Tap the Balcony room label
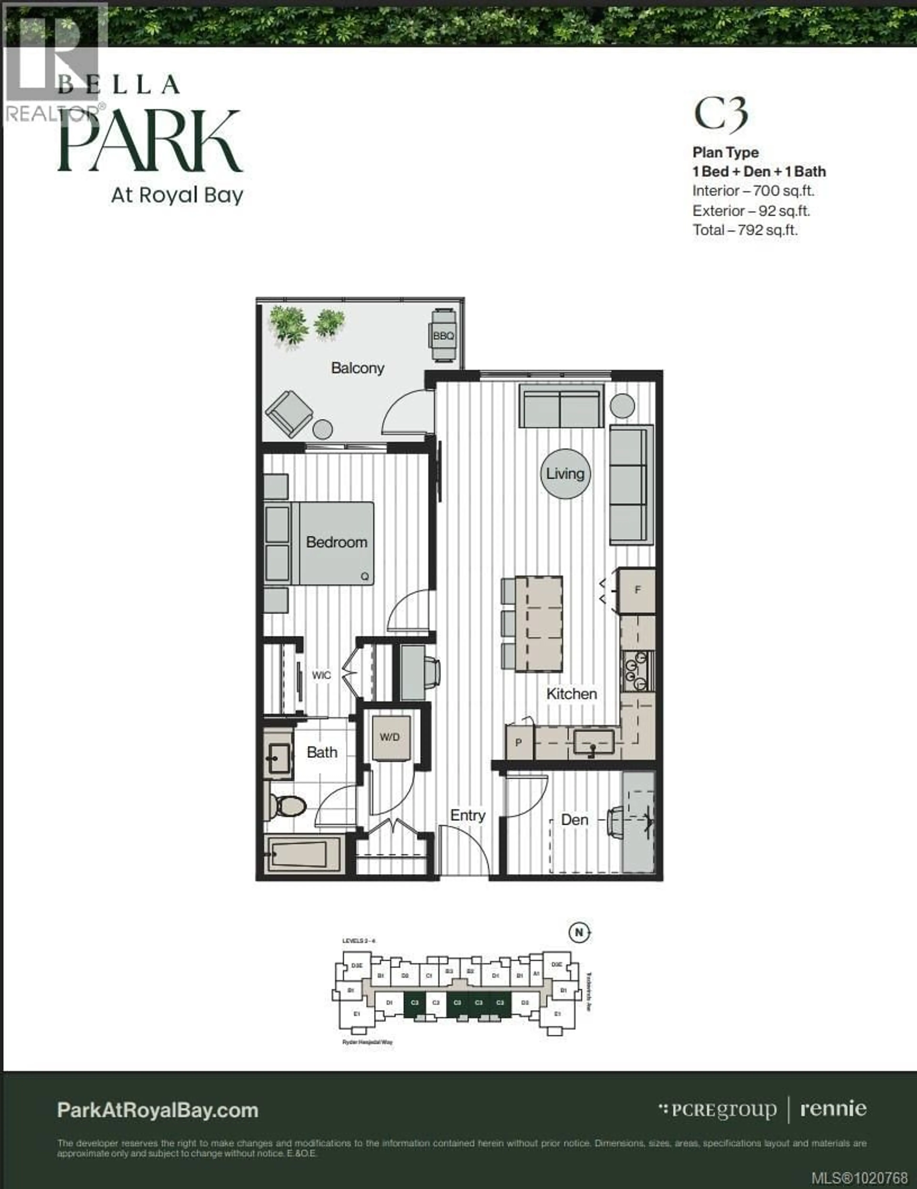358,368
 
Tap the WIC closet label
321,675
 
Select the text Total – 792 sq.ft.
745,230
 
